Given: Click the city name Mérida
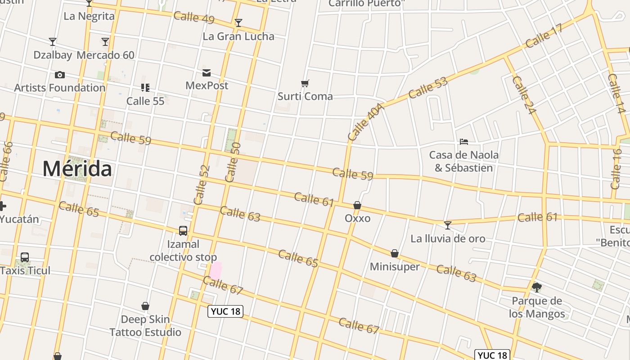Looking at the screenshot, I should [x=77, y=169].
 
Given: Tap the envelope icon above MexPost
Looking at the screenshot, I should [x=207, y=73].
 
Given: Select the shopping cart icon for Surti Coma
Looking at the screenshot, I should [x=305, y=83].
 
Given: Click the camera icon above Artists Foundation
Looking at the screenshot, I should [x=59, y=75].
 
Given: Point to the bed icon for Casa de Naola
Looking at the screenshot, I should [x=464, y=142].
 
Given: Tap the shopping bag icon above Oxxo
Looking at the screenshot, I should [x=357, y=206].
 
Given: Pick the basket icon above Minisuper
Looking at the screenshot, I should [x=395, y=254].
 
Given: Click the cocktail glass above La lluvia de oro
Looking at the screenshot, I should [x=447, y=225].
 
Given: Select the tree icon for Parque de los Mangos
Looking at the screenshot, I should [x=536, y=287].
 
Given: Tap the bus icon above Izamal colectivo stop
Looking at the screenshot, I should [x=183, y=231].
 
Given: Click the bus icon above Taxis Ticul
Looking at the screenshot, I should [x=25, y=257].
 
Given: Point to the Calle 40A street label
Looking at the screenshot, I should [x=366, y=122].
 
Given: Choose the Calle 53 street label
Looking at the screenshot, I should [x=428, y=88].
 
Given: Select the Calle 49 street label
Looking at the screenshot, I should [x=193, y=18].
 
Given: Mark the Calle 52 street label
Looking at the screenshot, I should [x=202, y=184].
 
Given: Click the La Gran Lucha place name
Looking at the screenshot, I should [x=238, y=36].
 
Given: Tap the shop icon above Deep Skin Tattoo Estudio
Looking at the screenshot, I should [x=145, y=306].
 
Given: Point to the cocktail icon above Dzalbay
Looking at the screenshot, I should [x=53, y=42].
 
